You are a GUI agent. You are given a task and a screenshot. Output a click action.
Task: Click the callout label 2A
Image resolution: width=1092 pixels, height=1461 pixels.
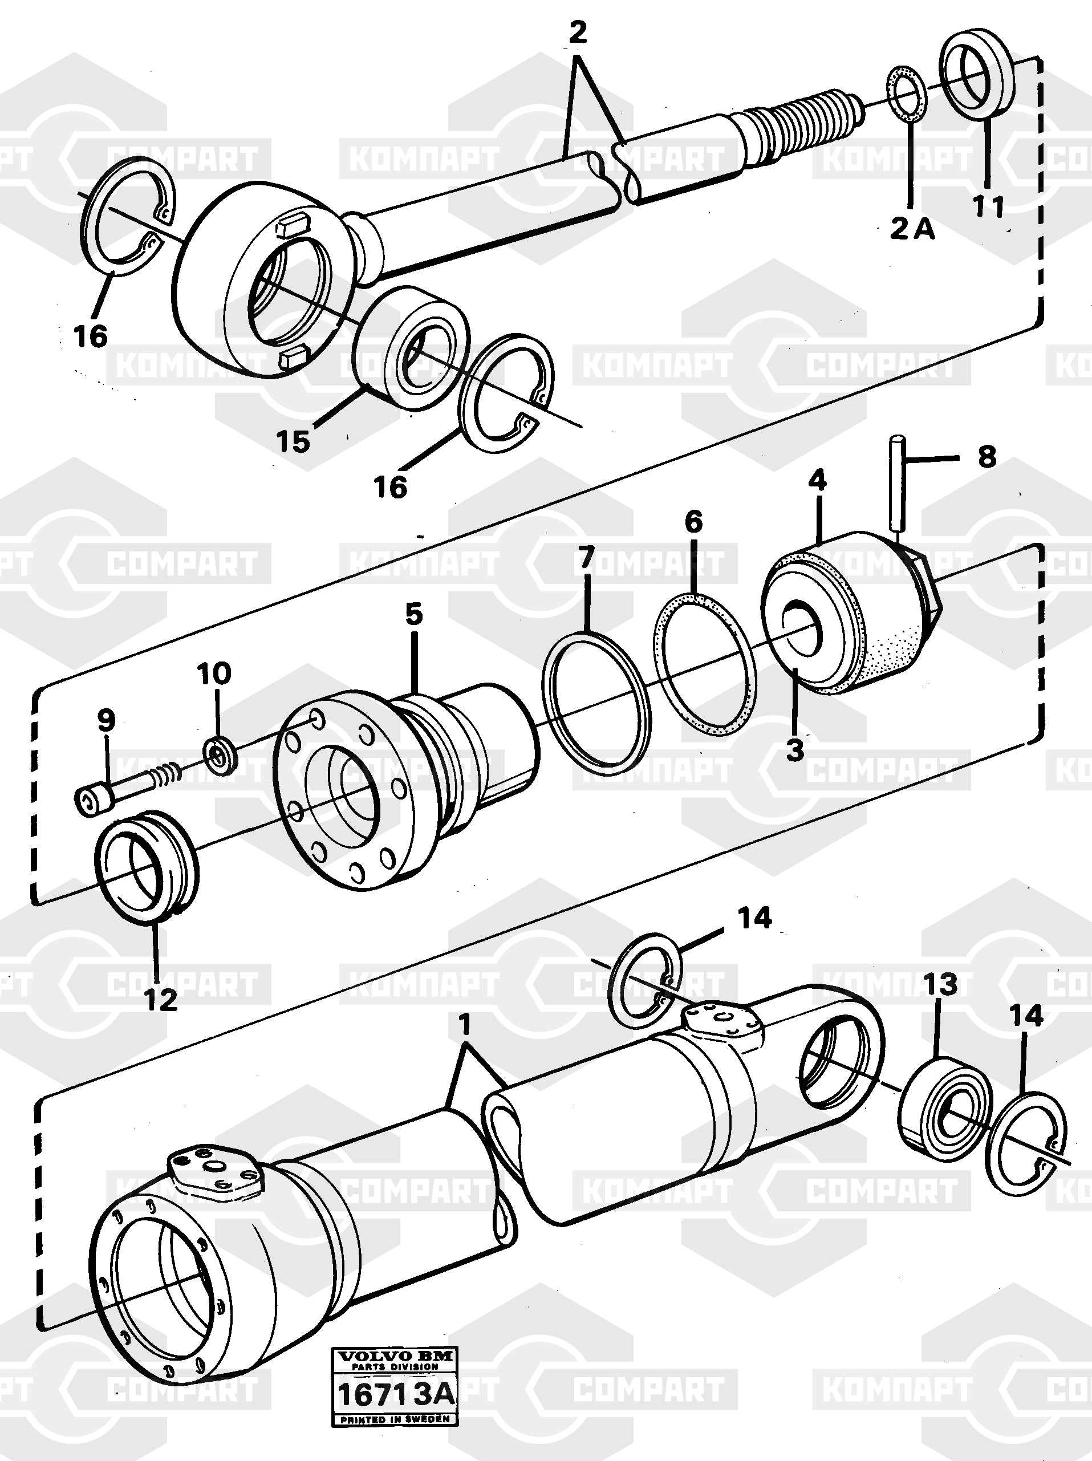912,229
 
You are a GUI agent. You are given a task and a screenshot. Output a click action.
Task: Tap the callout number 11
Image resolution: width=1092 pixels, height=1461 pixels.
988,207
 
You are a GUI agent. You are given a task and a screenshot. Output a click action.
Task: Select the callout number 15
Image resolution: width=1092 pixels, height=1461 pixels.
293,441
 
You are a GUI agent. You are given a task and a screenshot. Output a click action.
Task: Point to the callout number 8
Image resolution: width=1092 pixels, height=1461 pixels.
987,456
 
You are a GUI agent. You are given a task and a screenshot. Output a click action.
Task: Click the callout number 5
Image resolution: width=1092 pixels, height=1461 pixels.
413,614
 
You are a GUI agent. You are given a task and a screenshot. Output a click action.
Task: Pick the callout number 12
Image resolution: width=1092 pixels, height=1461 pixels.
161,1000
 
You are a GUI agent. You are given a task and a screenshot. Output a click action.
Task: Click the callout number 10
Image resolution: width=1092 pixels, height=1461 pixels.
214,673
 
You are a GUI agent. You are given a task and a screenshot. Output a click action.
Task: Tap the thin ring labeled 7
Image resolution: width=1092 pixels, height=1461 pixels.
596,704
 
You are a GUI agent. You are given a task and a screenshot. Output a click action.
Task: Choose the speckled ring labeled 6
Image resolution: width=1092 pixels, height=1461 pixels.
704,664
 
